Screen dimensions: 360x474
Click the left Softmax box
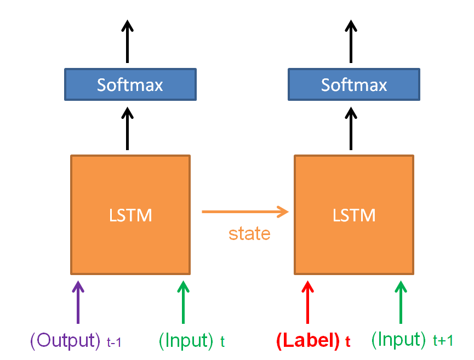pyautogui.click(x=130, y=84)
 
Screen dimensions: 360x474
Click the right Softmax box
pyautogui.click(x=354, y=84)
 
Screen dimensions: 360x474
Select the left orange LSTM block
pyautogui.click(x=130, y=215)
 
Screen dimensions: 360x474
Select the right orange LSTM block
pyautogui.click(x=354, y=215)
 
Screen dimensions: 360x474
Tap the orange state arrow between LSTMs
pyautogui.click(x=245, y=212)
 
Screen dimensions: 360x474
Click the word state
pyautogui.click(x=249, y=234)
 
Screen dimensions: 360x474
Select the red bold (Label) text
pyautogui.click(x=309, y=341)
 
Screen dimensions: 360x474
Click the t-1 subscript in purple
pyautogui.click(x=114, y=343)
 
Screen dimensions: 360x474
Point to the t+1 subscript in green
pyautogui.click(x=443, y=341)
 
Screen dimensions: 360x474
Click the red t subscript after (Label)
pyautogui.click(x=347, y=342)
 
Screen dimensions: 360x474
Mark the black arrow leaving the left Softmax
pyautogui.click(x=127, y=41)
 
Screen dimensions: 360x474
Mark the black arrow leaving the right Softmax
pyautogui.click(x=351, y=41)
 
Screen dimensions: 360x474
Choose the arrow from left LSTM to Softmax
pyautogui.click(x=127, y=128)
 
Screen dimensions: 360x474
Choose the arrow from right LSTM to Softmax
pyautogui.click(x=351, y=128)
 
